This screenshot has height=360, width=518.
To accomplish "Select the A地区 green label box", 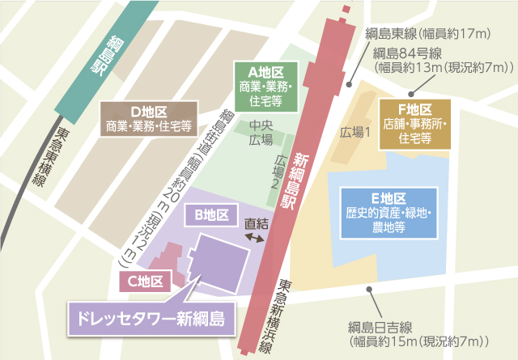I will coord(265,85).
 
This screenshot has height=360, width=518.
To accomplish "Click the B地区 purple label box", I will coord(212,215).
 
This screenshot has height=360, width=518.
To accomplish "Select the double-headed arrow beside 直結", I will coord(256,240).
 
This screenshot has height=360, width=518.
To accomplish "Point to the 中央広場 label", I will coord(261,133).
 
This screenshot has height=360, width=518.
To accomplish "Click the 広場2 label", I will coord(280,171).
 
